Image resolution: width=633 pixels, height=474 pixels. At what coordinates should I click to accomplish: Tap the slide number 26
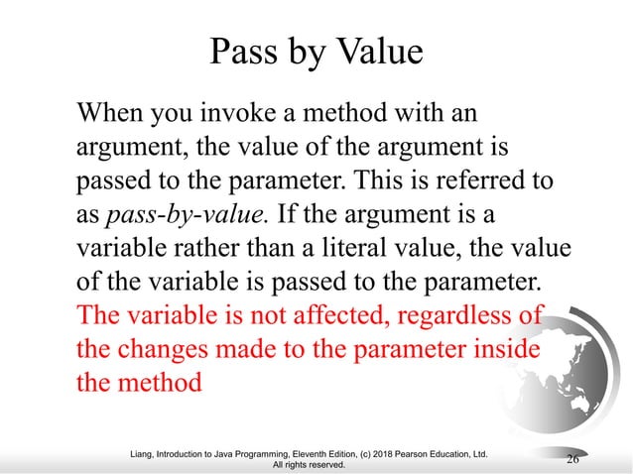(572, 458)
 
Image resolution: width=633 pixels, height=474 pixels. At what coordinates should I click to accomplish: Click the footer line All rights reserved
(316, 464)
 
